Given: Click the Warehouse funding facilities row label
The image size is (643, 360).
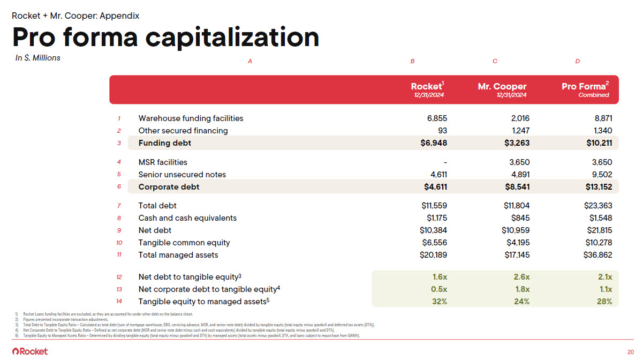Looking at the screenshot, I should (191, 118).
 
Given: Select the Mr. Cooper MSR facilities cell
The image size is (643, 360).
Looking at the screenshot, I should (518, 162).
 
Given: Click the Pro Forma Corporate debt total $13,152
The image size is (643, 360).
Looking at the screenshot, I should (599, 187).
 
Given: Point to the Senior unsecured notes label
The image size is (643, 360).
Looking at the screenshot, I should (182, 175).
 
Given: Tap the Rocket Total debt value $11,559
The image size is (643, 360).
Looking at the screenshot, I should (434, 206).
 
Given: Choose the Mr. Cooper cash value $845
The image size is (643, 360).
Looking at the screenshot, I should (520, 218).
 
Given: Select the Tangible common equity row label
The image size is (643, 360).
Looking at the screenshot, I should (184, 243).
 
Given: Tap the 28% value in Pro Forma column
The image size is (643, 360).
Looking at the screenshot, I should (604, 302).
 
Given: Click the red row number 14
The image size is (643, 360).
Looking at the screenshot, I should (119, 302).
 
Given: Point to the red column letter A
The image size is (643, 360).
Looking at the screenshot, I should (250, 62).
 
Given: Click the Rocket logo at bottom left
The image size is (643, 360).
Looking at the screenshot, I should (30, 351).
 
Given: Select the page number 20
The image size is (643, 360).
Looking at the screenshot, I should (631, 351).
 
